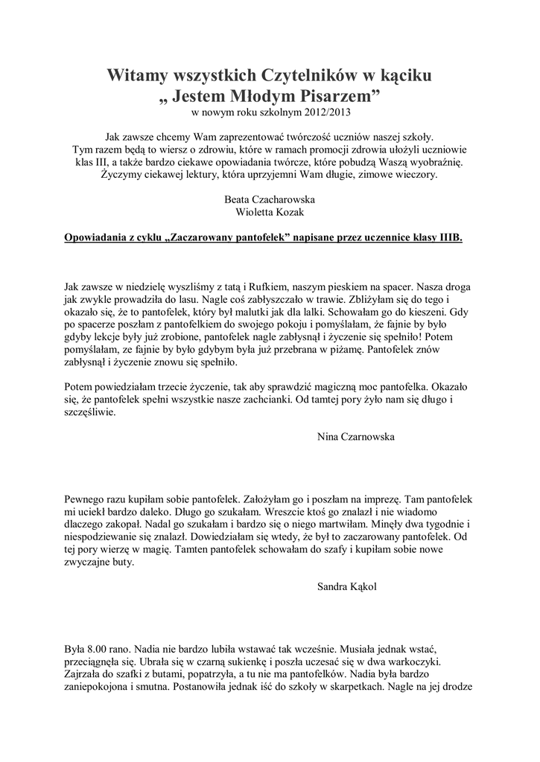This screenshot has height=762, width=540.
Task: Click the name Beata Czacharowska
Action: coord(269,199)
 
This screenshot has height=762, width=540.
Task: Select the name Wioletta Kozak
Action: coord(269,212)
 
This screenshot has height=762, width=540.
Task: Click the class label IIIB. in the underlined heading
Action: coord(446,237)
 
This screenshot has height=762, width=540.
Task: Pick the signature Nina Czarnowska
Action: coord(353,437)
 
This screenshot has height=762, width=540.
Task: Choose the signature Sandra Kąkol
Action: coord(347,586)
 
